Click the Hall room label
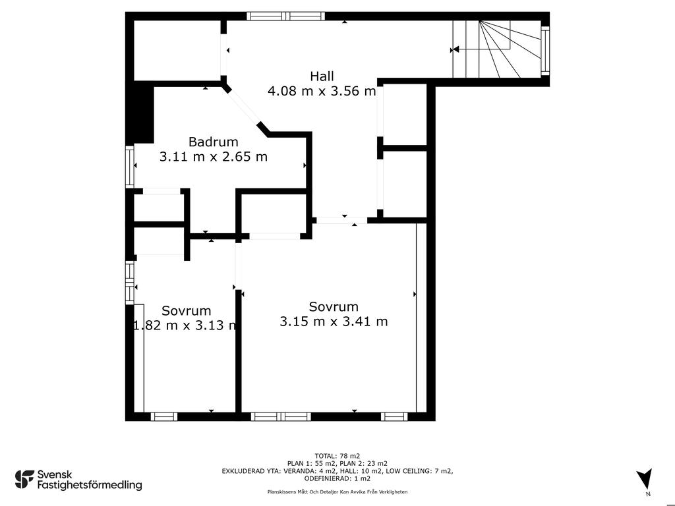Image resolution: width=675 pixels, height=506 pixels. coord(322,76)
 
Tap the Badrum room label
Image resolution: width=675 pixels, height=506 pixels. coord(213,142)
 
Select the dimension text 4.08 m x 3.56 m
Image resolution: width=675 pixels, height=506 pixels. coord(322,91)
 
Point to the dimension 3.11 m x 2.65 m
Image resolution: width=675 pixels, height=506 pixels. coord(214,157)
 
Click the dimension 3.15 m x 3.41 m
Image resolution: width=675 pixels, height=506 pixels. coord(334,322)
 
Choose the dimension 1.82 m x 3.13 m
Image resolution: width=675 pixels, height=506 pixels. coord(185,325)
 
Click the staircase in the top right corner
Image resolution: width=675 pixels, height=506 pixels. coord(496,49)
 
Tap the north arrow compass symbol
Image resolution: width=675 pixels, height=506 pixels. coord(645,478)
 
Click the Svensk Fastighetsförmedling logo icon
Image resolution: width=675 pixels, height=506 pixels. coord(24,480)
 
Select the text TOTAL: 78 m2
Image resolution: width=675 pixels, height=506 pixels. coord(337,456)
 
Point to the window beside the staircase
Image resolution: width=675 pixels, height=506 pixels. coord(545,50)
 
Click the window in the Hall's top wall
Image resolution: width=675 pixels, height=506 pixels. coord(286,16)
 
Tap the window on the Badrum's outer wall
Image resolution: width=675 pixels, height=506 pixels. coord(130,167)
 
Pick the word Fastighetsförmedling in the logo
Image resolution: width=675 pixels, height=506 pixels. coord(90,485)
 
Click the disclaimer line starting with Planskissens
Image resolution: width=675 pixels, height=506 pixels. coord(337,492)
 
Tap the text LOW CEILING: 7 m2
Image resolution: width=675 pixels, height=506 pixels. coord(419,471)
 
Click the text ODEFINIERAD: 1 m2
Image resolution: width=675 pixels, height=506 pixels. coord(337,478)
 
